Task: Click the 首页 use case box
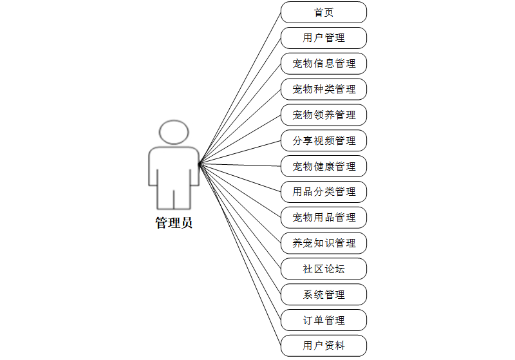click(x=324, y=12)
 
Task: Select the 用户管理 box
click(x=324, y=38)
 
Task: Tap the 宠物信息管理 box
click(x=324, y=64)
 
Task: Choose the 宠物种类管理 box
click(x=324, y=90)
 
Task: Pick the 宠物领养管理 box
click(x=324, y=115)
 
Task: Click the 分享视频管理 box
click(x=324, y=140)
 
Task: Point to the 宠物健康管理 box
click(x=324, y=166)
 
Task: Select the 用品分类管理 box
click(x=324, y=192)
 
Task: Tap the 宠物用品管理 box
click(x=324, y=218)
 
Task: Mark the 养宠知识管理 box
click(x=324, y=243)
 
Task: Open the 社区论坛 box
click(x=324, y=269)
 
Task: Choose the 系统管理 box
click(x=324, y=295)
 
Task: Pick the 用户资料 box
click(x=324, y=346)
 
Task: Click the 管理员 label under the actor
click(x=174, y=223)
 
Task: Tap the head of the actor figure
click(x=174, y=131)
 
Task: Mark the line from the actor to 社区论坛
click(x=240, y=216)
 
